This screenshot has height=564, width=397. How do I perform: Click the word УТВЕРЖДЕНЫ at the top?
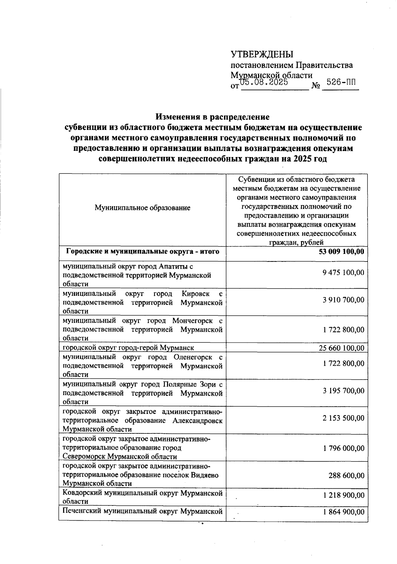(x=262, y=54)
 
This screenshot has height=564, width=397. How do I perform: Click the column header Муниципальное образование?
(x=143, y=208)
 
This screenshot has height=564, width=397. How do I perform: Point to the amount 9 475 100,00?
(x=343, y=272)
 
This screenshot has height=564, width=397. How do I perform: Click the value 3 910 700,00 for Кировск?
(x=343, y=300)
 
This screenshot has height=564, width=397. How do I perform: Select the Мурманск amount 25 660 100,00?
(x=341, y=348)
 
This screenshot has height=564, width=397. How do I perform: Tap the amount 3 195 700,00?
(x=343, y=391)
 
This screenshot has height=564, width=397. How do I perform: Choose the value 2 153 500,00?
(x=343, y=418)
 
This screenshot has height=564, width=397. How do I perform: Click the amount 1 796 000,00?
(x=343, y=448)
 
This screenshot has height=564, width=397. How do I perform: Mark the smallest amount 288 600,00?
(x=346, y=475)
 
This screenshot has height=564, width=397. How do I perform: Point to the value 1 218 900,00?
(x=343, y=495)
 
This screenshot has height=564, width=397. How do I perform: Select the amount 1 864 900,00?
(x=343, y=512)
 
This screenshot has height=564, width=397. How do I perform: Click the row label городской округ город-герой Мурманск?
(x=128, y=348)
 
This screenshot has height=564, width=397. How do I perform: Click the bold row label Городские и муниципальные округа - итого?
(x=143, y=252)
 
